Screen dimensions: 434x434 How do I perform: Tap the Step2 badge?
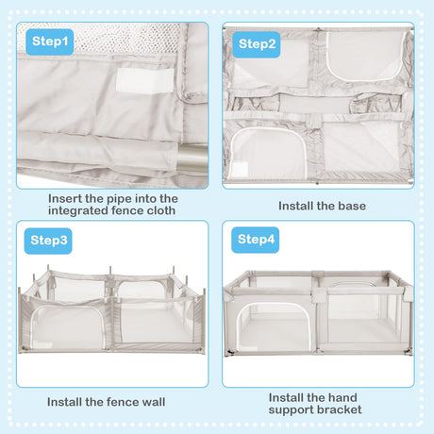(258, 43)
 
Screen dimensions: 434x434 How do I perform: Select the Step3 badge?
(50, 241)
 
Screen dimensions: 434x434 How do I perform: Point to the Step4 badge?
(258, 240)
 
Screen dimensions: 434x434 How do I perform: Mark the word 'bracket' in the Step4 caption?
(340, 410)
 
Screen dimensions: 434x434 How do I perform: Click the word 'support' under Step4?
(293, 410)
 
